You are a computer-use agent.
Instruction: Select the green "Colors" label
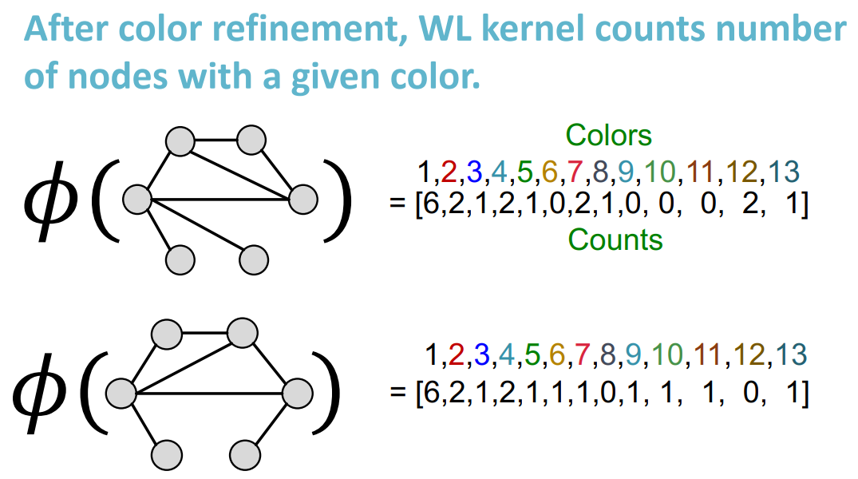[608, 136]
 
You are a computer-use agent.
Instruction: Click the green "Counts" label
[615, 239]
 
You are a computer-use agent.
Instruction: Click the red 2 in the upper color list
[448, 172]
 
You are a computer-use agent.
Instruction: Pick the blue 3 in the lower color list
[480, 354]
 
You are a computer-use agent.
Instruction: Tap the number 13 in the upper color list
[783, 172]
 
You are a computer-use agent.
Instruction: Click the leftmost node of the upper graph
[137, 199]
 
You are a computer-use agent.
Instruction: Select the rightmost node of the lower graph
[297, 393]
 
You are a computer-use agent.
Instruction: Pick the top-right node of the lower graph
[240, 331]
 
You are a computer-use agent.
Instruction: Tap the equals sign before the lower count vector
[397, 394]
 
